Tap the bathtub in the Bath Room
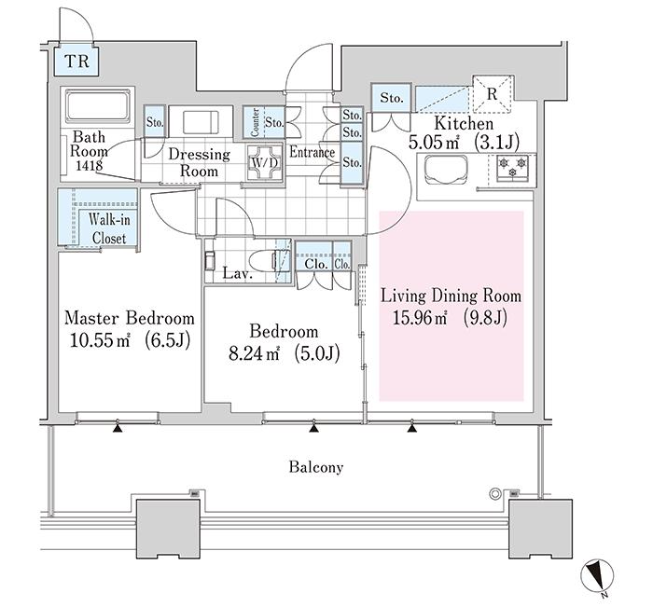[x=98, y=108]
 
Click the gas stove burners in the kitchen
[x=512, y=169]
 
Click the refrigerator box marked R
[x=492, y=92]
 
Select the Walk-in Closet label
[x=109, y=228]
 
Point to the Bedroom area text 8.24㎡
[x=250, y=354]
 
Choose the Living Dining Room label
[x=452, y=296]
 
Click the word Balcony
[x=316, y=467]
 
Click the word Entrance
[x=313, y=153]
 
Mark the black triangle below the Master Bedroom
[x=118, y=429]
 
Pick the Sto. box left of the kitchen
[x=390, y=97]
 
